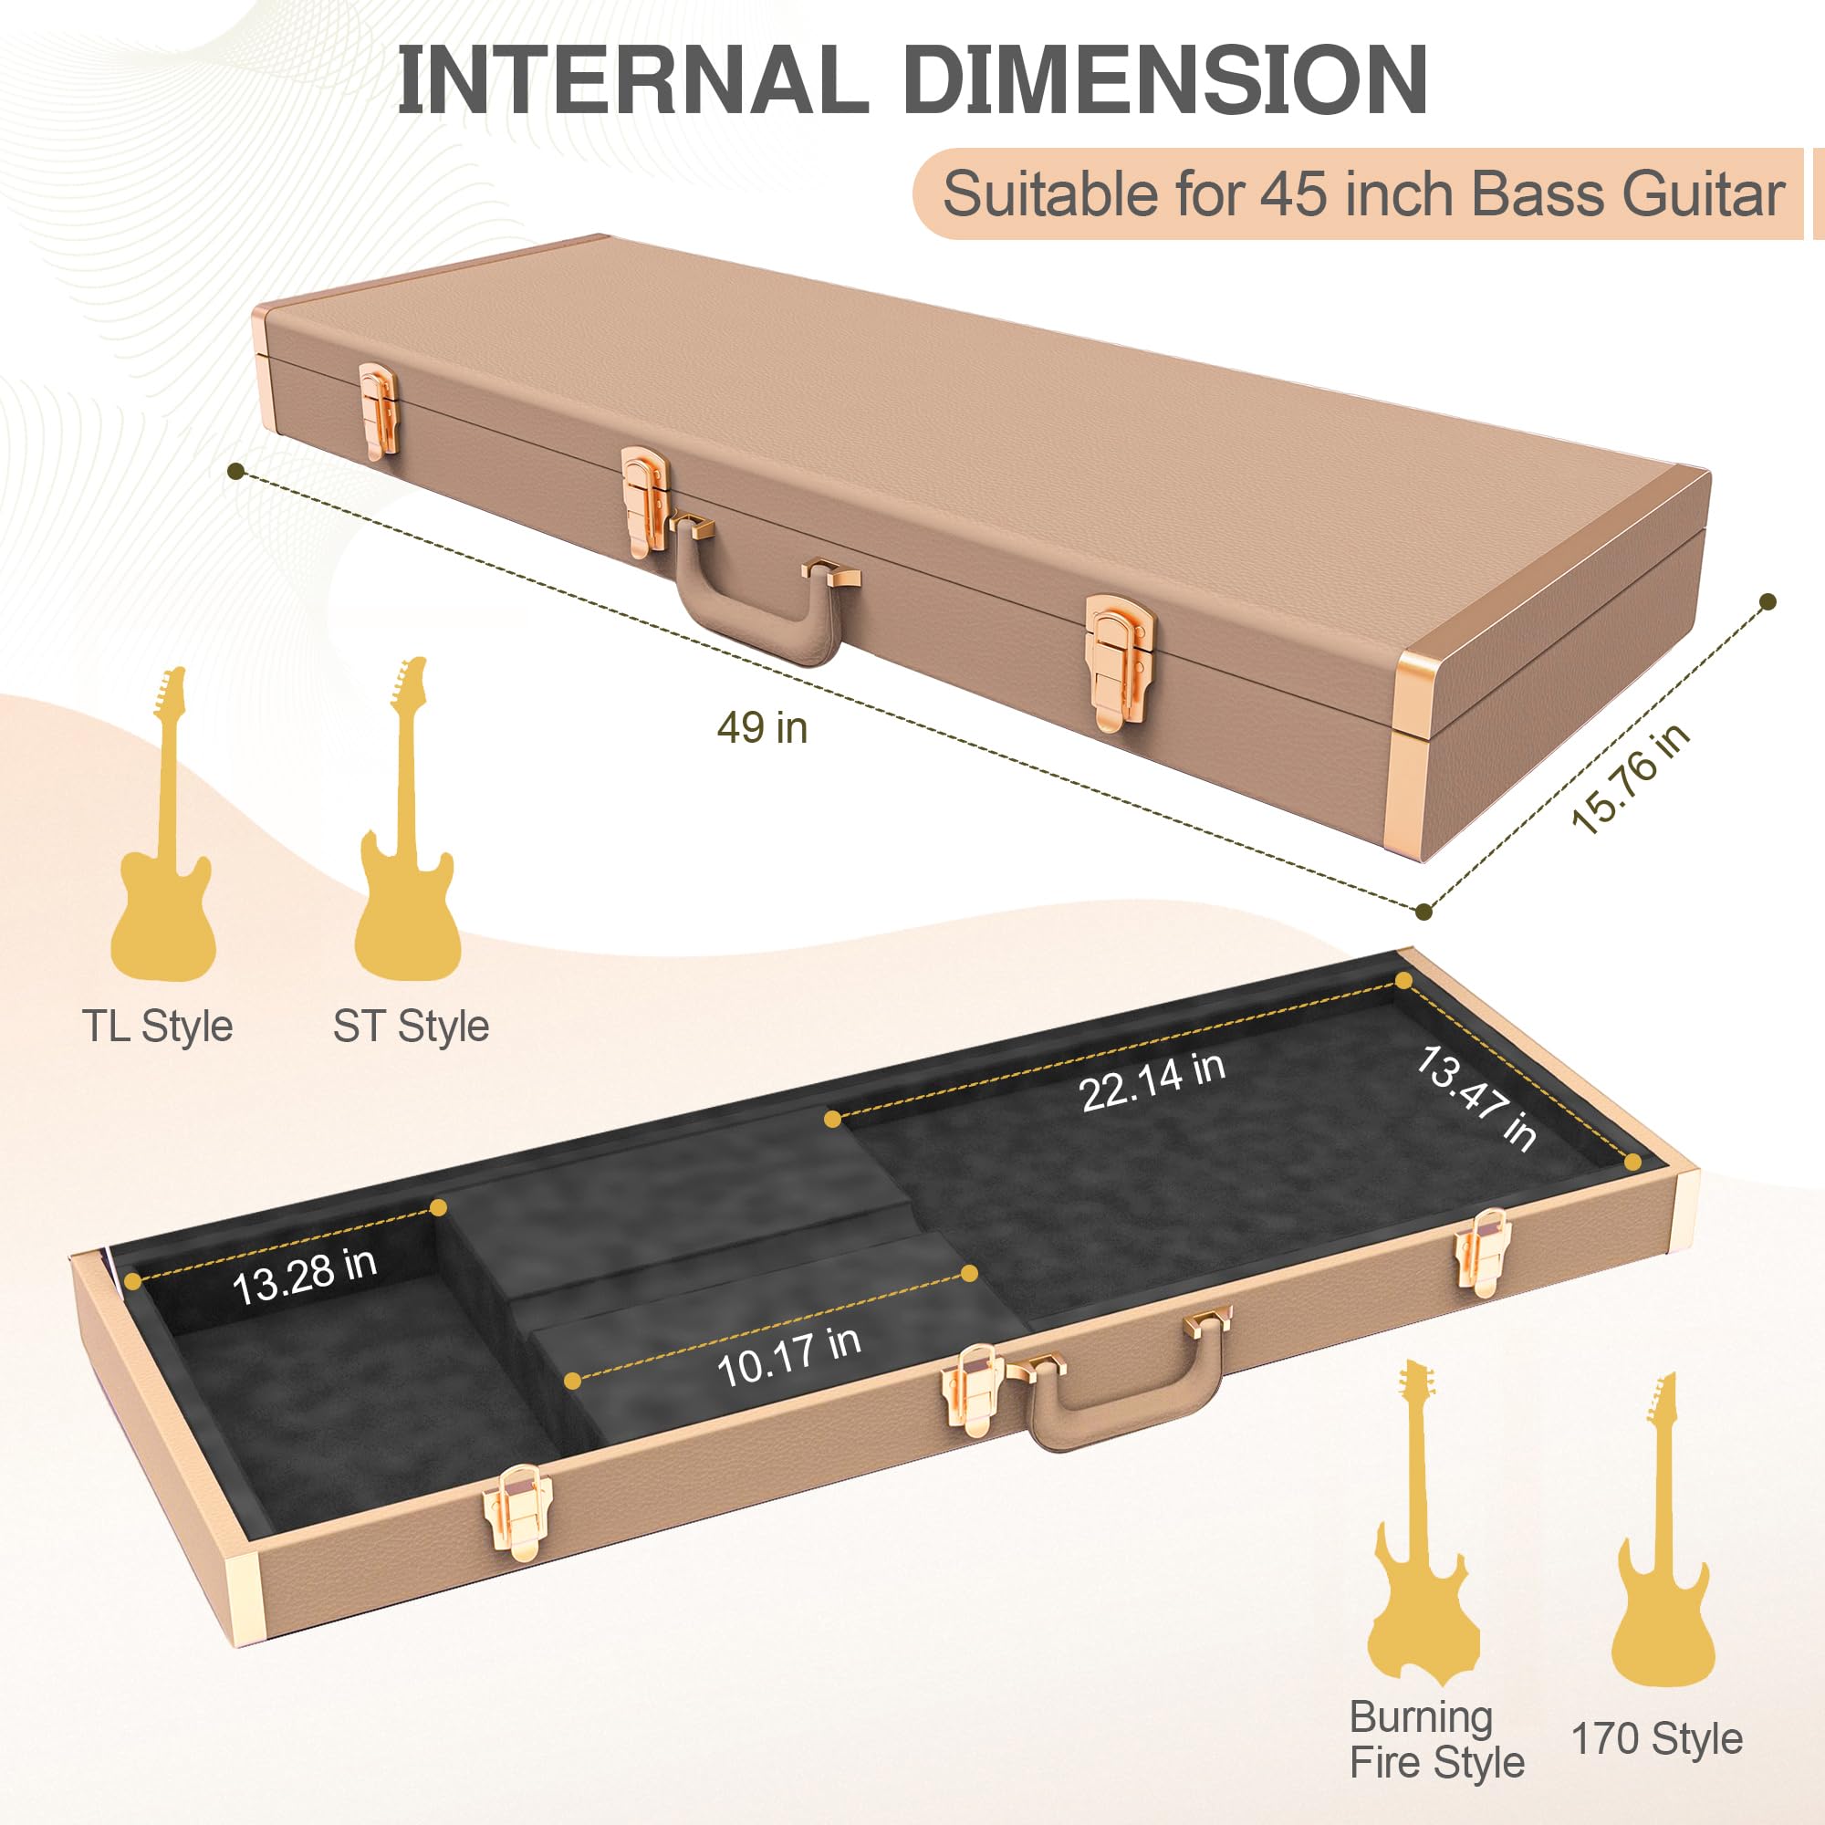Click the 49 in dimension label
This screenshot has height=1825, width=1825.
coord(762,727)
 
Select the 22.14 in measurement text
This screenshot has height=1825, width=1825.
coord(1152,1080)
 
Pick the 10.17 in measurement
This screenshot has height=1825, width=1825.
coord(788,1357)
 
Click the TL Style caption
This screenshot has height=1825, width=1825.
coord(157,1025)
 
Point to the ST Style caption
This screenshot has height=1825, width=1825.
coord(411,1025)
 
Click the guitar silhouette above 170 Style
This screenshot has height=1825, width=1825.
coord(1663,1549)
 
